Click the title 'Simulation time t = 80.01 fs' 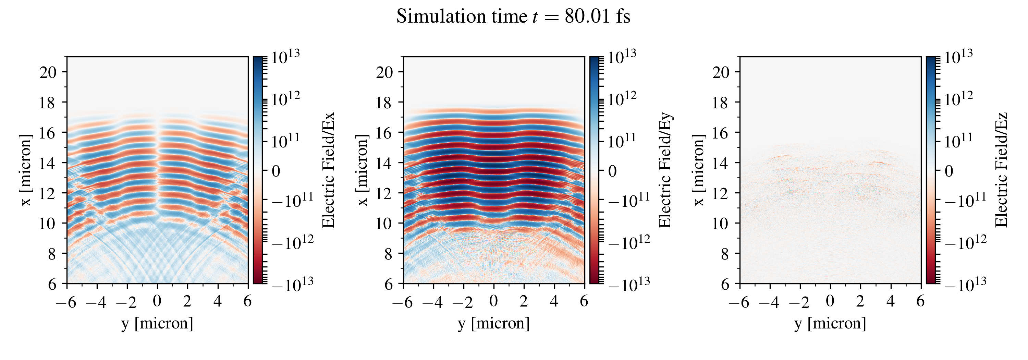(513, 17)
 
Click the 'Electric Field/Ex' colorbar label (328, 170)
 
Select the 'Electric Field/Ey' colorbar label (665, 170)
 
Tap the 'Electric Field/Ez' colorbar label (1001, 170)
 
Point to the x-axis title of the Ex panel (157, 323)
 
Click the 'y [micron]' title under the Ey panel (494, 323)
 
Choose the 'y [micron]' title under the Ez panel (830, 323)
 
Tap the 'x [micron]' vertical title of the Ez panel (698, 170)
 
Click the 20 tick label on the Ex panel (48, 72)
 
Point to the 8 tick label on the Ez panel (725, 253)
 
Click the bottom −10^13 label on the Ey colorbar (629, 284)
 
